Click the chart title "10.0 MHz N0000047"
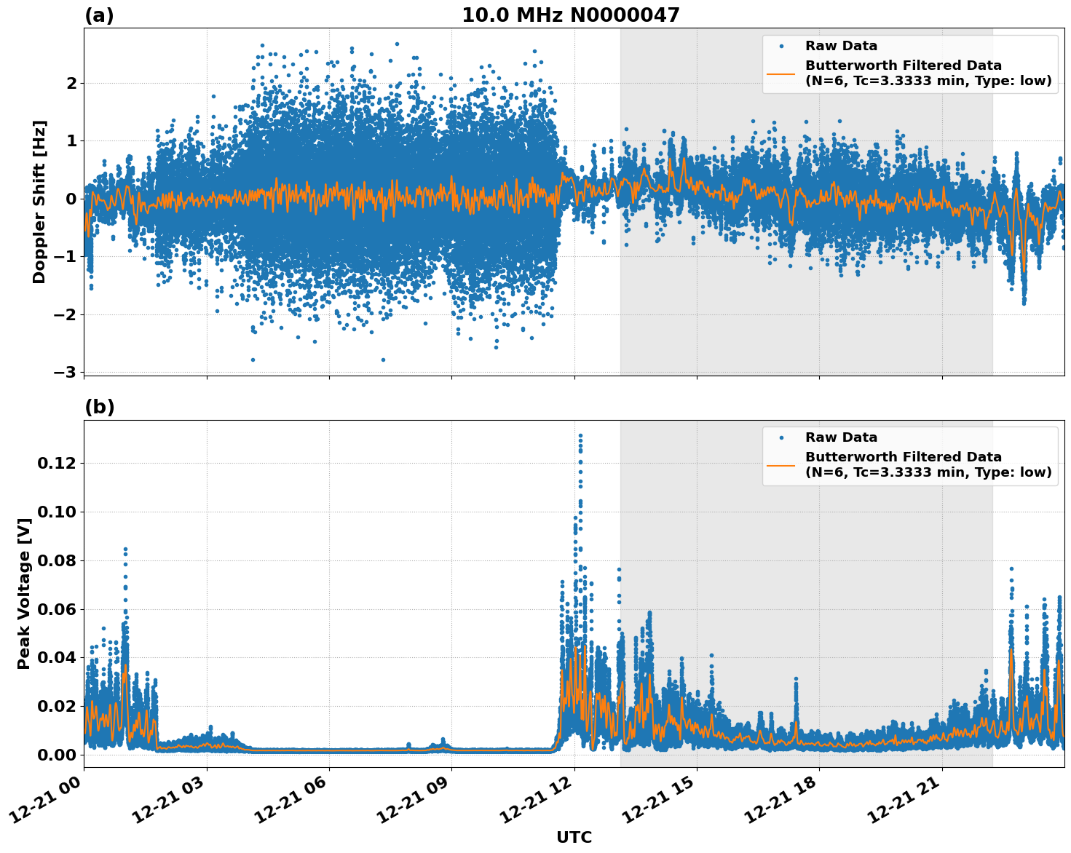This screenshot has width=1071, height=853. coord(570,15)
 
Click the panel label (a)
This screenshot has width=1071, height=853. coord(99,15)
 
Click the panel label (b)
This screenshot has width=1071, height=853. coord(99,407)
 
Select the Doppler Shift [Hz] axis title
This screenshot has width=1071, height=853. coord(39,202)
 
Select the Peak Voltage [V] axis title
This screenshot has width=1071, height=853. coord(24,593)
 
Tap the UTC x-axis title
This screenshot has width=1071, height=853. coord(574,837)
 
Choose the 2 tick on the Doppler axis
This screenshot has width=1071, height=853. coord(71,83)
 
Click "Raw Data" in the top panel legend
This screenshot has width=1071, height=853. coord(841,46)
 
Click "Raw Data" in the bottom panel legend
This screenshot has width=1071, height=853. coord(841,437)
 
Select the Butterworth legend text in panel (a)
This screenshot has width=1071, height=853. coord(928,73)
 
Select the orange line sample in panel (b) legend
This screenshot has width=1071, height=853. coord(781,464)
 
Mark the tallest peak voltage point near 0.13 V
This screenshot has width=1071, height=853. coord(580,435)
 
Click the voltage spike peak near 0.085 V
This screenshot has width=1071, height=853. coord(125,550)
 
